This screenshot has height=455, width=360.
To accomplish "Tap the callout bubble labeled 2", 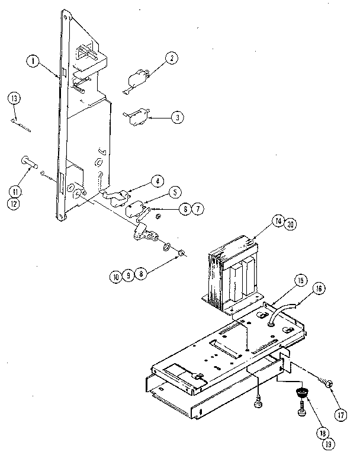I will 171,58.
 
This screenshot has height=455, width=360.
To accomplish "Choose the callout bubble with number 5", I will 173,192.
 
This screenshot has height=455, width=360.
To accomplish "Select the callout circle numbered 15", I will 300,280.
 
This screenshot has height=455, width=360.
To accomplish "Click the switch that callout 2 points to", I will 137,79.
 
